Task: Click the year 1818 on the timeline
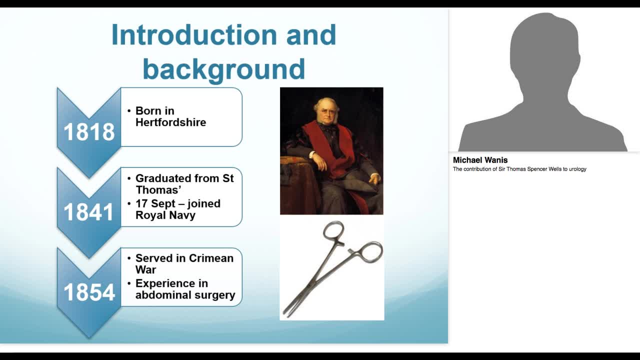tap(89, 132)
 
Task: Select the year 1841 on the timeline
tap(89, 212)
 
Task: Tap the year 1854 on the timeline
tap(89, 292)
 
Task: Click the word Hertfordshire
tap(170, 122)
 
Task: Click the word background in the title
tap(223, 68)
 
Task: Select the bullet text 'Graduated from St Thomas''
tap(184, 184)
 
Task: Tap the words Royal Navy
tap(165, 215)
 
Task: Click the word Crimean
tap(209, 258)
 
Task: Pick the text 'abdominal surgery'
tap(185, 295)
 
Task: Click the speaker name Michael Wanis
tap(480, 160)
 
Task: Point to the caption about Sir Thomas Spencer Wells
tap(519, 169)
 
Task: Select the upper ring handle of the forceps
tap(333, 231)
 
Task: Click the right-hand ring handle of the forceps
tap(370, 252)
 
